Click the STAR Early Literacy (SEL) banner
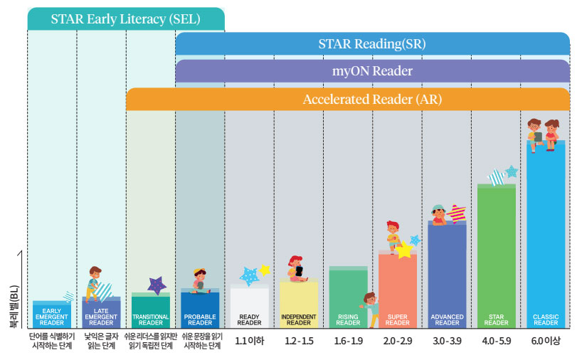[126, 19]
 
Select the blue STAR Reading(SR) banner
[372, 44]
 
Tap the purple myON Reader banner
[372, 71]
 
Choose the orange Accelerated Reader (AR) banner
[348, 100]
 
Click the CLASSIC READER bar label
[546, 319]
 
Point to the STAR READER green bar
[496, 255]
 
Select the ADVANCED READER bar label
[447, 319]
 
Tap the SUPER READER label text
[398, 319]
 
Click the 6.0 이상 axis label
[546, 341]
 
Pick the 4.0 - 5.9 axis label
[496, 341]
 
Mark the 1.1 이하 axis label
[250, 341]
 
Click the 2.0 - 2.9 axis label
[398, 341]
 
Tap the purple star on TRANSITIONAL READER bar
[157, 285]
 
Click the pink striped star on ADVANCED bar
[457, 213]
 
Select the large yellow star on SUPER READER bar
[405, 250]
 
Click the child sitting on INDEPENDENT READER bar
[297, 269]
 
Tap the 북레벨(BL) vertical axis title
[14, 307]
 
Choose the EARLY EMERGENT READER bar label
[52, 317]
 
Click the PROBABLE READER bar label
[200, 319]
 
